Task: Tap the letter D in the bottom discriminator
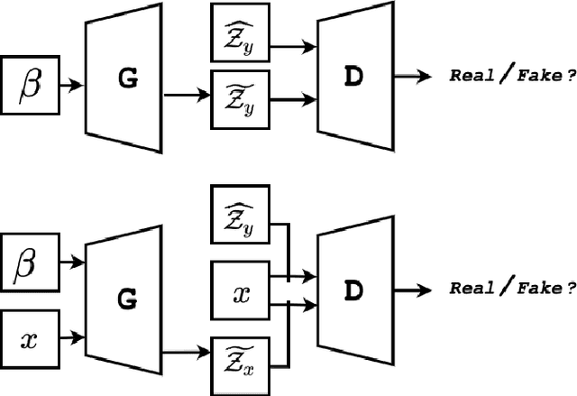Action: [354, 289]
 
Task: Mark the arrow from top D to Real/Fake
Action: [414, 77]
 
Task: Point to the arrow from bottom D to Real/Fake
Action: [414, 289]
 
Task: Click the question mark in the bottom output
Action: [570, 288]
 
